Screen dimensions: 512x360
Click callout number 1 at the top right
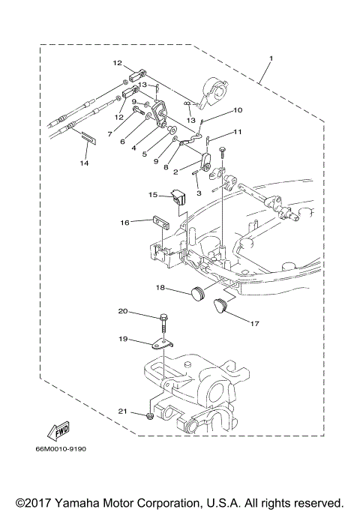coord(271,59)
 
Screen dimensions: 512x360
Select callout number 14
coord(85,162)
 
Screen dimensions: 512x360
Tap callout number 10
coord(238,110)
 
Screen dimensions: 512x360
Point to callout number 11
coord(238,132)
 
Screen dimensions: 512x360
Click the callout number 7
coord(109,135)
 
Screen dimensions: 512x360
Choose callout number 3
coord(199,193)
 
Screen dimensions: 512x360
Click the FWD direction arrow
coord(57,431)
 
